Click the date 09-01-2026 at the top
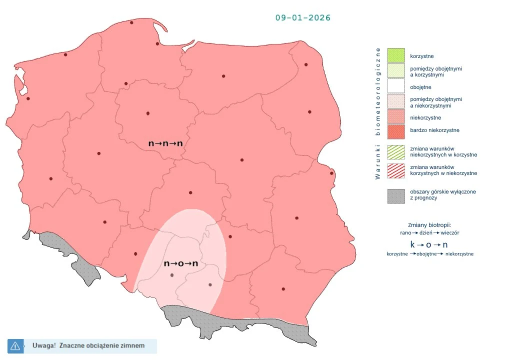click(x=303, y=17)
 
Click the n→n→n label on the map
click(x=165, y=143)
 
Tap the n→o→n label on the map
click(x=181, y=263)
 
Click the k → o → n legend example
click(x=429, y=244)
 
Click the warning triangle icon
click(x=15, y=345)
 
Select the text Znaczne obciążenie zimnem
click(x=102, y=345)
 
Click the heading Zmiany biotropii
click(x=429, y=224)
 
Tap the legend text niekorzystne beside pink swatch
click(x=425, y=118)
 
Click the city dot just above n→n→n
click(x=148, y=113)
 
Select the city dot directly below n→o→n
click(x=172, y=275)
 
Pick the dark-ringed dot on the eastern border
click(x=331, y=173)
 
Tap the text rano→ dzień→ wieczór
click(x=429, y=233)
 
